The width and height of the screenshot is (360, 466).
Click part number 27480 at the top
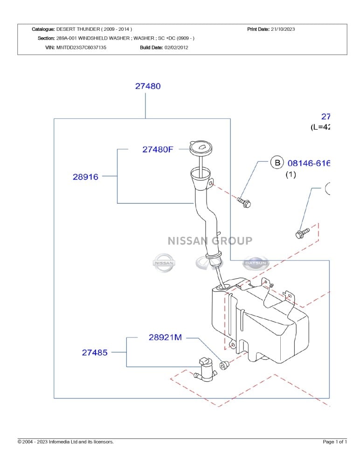(148, 86)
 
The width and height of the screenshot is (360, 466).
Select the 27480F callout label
(158, 150)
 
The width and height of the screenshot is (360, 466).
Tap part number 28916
(85, 177)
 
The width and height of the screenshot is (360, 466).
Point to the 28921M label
(165, 337)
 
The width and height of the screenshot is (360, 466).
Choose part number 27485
(95, 353)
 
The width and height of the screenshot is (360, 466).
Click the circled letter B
(277, 163)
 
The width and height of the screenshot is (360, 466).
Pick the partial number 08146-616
(308, 163)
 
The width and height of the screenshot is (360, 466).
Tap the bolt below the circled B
(244, 202)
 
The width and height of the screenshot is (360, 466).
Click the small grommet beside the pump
(223, 365)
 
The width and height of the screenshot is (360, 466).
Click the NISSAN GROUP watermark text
(210, 241)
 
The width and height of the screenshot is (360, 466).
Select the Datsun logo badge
(256, 264)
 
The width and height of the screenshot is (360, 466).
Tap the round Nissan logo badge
(164, 263)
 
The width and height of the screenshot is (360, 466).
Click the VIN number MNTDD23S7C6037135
(81, 47)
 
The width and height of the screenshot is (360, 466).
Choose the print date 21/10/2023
(283, 29)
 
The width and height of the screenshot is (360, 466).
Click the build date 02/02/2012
(176, 47)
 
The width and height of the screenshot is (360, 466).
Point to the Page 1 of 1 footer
(335, 442)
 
